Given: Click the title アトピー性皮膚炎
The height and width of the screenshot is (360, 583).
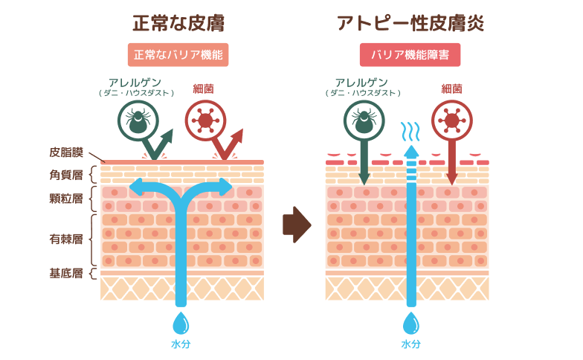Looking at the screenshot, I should pos(410,23).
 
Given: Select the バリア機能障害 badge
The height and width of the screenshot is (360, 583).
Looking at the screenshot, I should pos(410,55).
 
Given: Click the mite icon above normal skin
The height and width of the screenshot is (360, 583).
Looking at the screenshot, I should pos(138,120).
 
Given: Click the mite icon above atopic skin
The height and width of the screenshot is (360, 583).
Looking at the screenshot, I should pos(364,120).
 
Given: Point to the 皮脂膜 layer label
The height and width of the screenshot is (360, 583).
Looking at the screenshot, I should pos(67,153).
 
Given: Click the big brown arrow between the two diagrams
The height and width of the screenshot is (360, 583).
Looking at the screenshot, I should pos(296,225).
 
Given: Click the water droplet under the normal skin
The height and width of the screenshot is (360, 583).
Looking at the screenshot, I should pos(181,324).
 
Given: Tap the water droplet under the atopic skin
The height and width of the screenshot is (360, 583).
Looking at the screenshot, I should pos(411,324).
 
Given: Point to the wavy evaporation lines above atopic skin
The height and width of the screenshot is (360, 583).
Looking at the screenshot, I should pos(410,132).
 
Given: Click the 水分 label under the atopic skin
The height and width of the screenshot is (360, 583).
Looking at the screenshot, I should pos(411,344).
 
